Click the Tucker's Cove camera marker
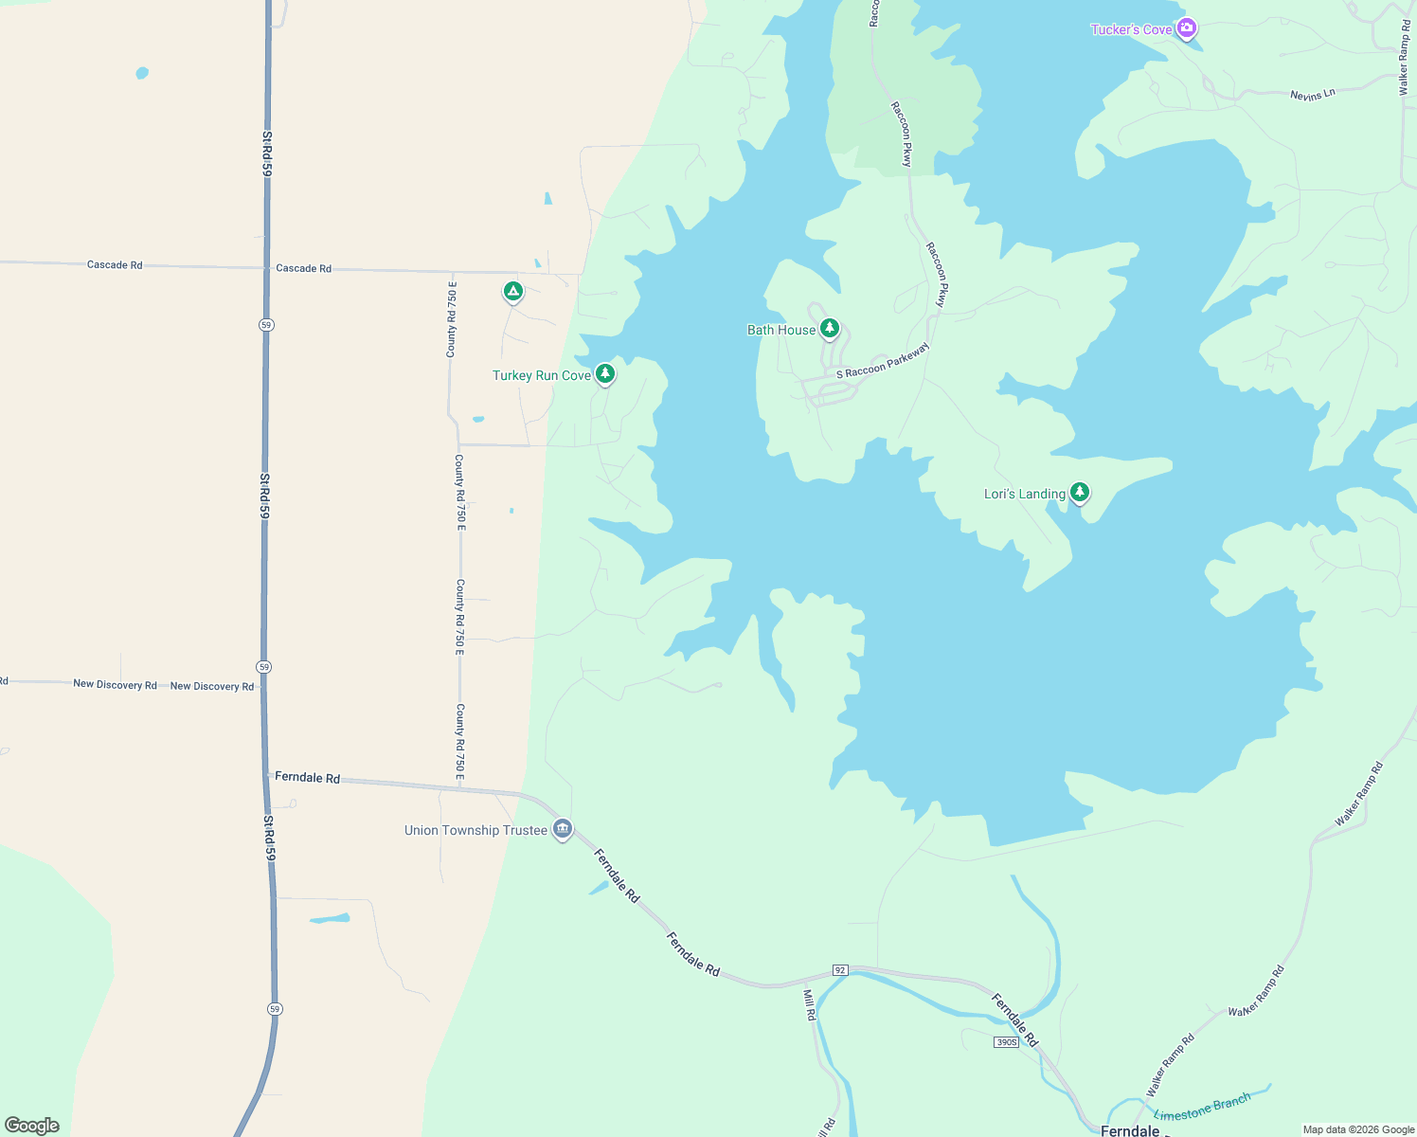(1186, 28)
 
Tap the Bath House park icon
(830, 328)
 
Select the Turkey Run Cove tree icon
(605, 373)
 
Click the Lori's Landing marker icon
(1080, 492)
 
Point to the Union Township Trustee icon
(563, 829)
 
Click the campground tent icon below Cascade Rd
(512, 291)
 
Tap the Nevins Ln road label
(1312, 94)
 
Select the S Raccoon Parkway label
(883, 361)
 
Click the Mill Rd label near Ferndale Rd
(810, 1004)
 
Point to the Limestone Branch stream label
(1202, 1107)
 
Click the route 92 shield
(840, 970)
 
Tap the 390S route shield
(1006, 1042)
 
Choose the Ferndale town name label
(1130, 1130)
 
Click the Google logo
(32, 1126)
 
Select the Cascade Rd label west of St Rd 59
(115, 265)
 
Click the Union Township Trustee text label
(475, 830)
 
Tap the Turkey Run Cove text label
(542, 376)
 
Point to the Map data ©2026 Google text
(1358, 1129)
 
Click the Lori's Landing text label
(1025, 494)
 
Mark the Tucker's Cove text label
(1131, 30)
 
